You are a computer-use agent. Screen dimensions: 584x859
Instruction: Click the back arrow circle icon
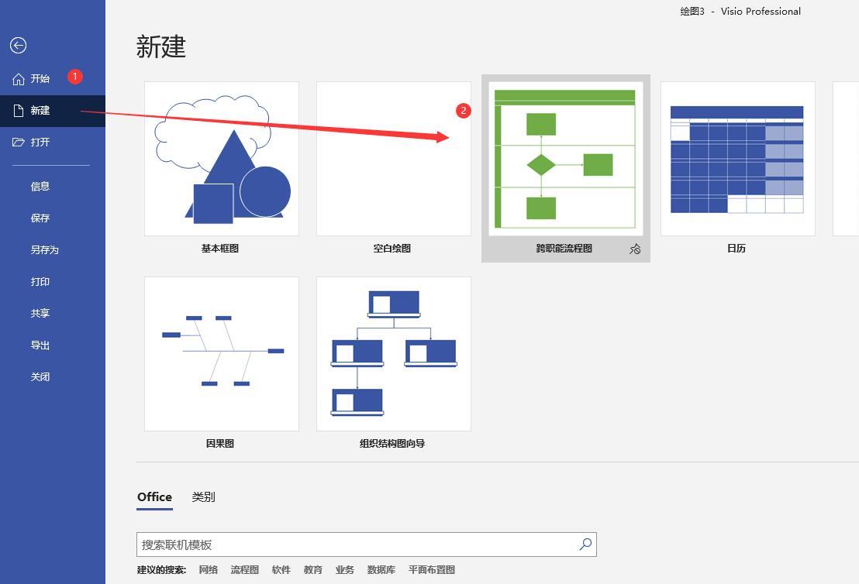[18, 46]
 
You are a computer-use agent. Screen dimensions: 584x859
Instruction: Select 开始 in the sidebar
[40, 79]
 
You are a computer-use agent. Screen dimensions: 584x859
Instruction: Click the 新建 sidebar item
[40, 111]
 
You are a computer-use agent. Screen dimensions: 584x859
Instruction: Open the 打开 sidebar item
[40, 143]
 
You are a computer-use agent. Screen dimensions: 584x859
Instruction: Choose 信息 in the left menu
[40, 187]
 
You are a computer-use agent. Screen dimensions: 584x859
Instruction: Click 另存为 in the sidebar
[45, 250]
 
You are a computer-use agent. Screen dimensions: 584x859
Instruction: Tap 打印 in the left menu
[40, 282]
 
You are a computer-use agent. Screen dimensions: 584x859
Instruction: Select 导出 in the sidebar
[40, 345]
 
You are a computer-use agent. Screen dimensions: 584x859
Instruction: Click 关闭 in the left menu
[40, 377]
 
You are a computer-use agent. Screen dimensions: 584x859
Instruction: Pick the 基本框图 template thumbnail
[222, 159]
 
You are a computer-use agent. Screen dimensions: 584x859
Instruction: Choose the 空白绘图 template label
[392, 249]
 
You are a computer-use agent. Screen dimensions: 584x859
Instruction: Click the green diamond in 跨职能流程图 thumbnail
[541, 165]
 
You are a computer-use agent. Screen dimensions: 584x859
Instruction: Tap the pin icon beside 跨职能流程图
[635, 249]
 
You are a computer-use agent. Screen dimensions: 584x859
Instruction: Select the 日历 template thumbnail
[737, 159]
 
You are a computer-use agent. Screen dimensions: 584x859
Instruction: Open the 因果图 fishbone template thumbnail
[222, 353]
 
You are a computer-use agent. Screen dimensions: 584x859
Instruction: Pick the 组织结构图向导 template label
[392, 444]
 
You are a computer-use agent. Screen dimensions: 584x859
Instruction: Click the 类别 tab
[203, 497]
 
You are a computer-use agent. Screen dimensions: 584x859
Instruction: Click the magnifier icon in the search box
[585, 544]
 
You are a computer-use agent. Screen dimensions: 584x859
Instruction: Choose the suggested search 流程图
[244, 570]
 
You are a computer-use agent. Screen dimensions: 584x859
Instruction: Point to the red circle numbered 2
[464, 111]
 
